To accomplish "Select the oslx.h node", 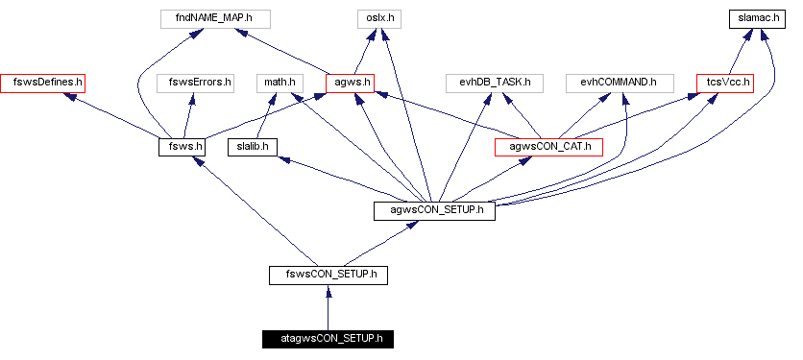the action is (x=382, y=18).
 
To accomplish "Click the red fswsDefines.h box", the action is (x=42, y=83).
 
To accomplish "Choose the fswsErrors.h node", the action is (x=195, y=83).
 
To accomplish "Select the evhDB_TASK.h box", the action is (x=496, y=83).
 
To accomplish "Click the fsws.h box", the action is (x=182, y=147).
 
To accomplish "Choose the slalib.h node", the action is (x=252, y=147).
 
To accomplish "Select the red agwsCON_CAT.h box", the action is (x=548, y=147).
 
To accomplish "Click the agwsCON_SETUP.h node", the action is (x=434, y=211).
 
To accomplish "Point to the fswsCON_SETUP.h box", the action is (x=328, y=276).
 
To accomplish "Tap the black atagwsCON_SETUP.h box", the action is (x=328, y=339).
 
